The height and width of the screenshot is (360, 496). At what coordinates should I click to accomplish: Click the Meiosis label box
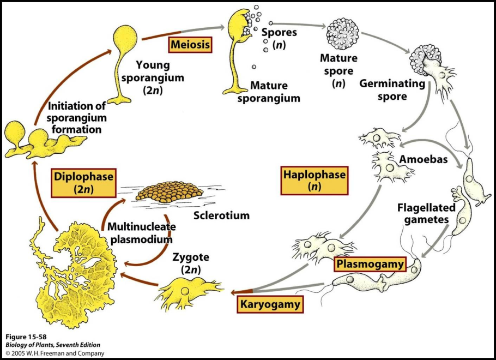(x=190, y=45)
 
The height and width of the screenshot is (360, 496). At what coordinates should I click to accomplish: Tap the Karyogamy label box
(x=269, y=304)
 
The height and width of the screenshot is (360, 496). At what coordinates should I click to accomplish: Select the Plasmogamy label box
(x=371, y=265)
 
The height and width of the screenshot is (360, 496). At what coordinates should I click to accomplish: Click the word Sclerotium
(x=221, y=215)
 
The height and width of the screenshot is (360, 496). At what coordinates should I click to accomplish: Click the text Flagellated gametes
(x=422, y=214)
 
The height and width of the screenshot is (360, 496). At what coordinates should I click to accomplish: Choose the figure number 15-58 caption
(x=27, y=337)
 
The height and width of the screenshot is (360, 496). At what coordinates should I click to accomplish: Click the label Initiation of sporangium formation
(x=76, y=118)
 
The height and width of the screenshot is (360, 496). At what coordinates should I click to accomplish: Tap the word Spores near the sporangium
(x=279, y=33)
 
